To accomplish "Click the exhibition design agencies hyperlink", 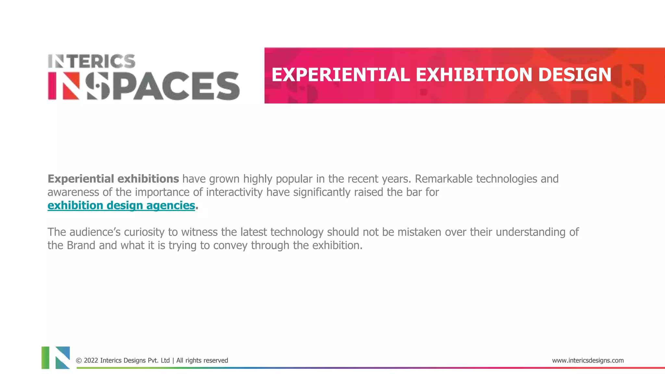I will pyautogui.click(x=121, y=206).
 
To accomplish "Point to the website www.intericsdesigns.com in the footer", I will pyautogui.click(x=588, y=360).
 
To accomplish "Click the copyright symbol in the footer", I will pyautogui.click(x=79, y=361).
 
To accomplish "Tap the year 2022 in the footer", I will pyautogui.click(x=91, y=360).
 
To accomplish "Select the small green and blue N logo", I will pyautogui.click(x=56, y=357).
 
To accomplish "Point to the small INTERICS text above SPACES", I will pyautogui.click(x=92, y=61).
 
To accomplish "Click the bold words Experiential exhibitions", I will pyautogui.click(x=113, y=179).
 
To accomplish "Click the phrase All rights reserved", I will pyautogui.click(x=202, y=360).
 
